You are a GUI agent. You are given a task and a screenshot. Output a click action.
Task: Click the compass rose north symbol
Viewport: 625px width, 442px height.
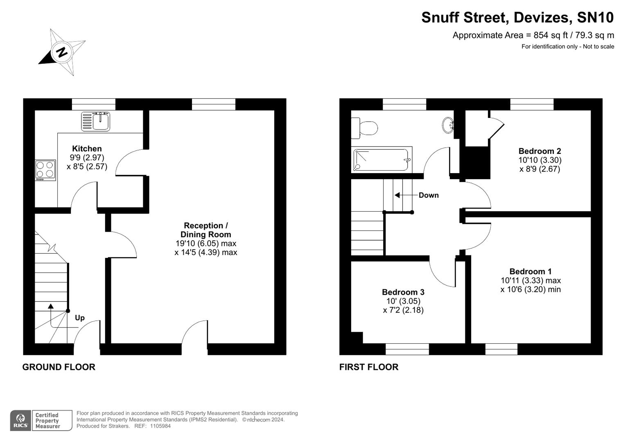pyautogui.click(x=62, y=52)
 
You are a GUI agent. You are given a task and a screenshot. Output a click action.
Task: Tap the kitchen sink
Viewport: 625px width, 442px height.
pyautogui.click(x=96, y=121)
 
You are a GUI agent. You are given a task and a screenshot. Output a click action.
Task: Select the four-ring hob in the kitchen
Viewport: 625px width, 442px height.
pyautogui.click(x=45, y=170)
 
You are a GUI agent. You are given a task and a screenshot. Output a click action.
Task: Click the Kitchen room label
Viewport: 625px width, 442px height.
pyautogui.click(x=87, y=149)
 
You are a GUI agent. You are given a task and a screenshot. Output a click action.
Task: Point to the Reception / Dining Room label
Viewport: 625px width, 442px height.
pyautogui.click(x=205, y=230)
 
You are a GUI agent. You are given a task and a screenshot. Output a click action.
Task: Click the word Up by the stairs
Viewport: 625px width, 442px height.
pyautogui.click(x=80, y=318)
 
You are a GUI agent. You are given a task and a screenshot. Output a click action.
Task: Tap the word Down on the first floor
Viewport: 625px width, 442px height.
pyautogui.click(x=429, y=195)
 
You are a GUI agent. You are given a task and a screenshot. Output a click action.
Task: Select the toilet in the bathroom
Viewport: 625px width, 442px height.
pyautogui.click(x=365, y=128)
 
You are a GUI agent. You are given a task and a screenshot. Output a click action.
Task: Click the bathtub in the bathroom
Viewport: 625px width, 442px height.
pyautogui.click(x=381, y=160)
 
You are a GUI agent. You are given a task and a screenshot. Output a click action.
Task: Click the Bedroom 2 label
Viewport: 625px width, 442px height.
pyautogui.click(x=539, y=151)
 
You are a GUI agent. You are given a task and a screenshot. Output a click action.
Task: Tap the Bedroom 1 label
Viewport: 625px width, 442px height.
pyautogui.click(x=530, y=271)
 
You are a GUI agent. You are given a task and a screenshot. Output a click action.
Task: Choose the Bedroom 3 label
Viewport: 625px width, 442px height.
pyautogui.click(x=403, y=292)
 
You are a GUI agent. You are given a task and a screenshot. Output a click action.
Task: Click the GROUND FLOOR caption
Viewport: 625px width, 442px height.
pyautogui.click(x=59, y=367)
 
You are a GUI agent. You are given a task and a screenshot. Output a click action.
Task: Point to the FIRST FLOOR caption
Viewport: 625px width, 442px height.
pyautogui.click(x=369, y=367)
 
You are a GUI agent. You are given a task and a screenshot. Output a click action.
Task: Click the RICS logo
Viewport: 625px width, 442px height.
pyautogui.click(x=20, y=421)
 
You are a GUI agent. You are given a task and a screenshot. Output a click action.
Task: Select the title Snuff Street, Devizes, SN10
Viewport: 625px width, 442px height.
pyautogui.click(x=517, y=18)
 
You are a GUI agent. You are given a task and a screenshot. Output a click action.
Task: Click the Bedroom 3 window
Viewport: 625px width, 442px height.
pyautogui.click(x=407, y=349)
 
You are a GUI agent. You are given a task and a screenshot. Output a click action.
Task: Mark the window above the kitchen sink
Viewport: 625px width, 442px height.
pyautogui.click(x=93, y=104)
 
